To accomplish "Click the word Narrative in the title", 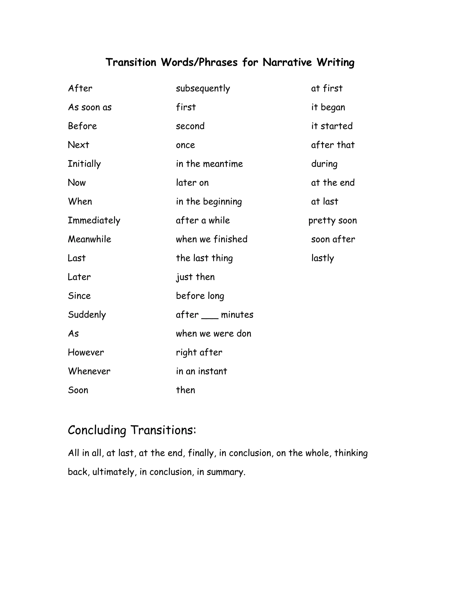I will click(x=287, y=62).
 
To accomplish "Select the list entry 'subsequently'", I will click(x=203, y=88).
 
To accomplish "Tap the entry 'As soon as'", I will click(x=90, y=107).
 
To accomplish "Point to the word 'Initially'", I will click(x=84, y=164).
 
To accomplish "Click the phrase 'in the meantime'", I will click(x=209, y=164).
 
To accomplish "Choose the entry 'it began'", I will click(x=328, y=107).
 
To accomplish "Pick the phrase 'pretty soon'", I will click(x=332, y=220).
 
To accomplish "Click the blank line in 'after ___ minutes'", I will click(x=210, y=316).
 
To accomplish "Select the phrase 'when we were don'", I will click(x=213, y=334).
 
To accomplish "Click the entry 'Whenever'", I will click(x=89, y=371).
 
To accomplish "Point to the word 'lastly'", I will click(x=323, y=258).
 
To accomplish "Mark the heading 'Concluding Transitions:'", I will click(x=132, y=430).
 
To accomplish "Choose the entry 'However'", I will click(x=86, y=353).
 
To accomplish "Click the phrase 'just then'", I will click(x=195, y=277).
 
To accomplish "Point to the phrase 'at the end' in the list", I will click(x=333, y=183).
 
